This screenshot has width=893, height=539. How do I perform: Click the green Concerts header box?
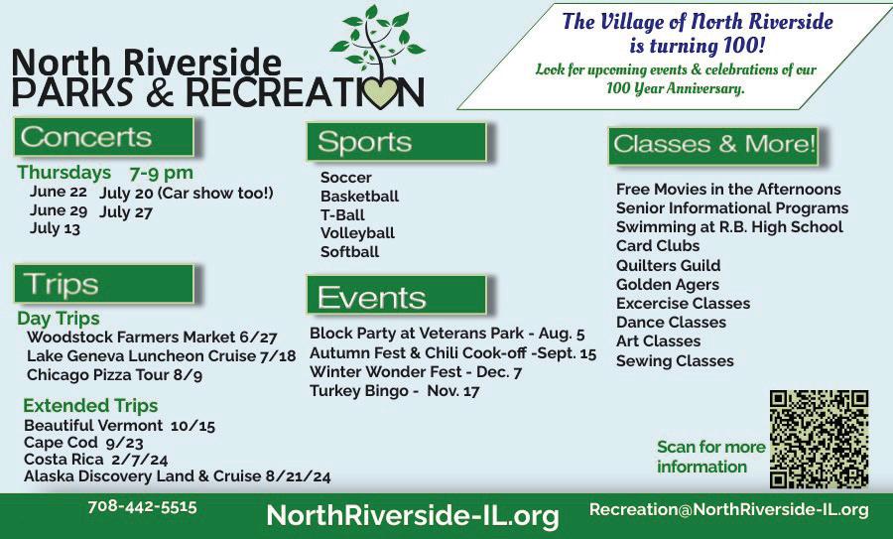(104, 137)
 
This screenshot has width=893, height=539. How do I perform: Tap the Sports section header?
(396, 141)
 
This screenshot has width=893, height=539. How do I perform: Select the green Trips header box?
(104, 284)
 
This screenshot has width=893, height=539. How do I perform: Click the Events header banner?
(396, 295)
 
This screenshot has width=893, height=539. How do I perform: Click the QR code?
(819, 439)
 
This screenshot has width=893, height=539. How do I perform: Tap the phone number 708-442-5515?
(142, 506)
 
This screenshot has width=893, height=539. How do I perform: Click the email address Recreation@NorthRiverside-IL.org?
(729, 509)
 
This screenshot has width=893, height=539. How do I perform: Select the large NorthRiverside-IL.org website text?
(413, 515)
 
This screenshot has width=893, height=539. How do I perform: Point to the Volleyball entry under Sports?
(357, 233)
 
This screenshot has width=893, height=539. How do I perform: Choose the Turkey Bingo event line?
(394, 391)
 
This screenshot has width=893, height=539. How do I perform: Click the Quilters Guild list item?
(668, 265)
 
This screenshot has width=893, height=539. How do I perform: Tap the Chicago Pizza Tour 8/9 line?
(114, 375)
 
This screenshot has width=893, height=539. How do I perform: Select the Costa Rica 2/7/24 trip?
(95, 460)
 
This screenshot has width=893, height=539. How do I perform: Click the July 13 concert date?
(55, 229)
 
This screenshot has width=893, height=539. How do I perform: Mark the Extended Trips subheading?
(90, 406)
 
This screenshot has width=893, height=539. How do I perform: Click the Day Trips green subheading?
(59, 319)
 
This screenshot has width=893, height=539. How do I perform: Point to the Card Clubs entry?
(658, 245)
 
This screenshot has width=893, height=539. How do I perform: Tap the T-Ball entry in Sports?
(342, 214)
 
